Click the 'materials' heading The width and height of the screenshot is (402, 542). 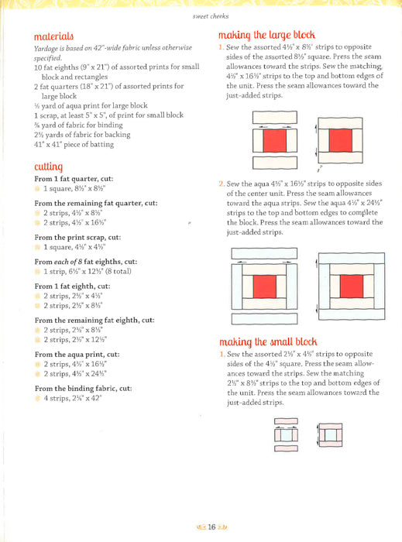tap(53, 36)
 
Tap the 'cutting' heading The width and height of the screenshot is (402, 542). tap(48, 166)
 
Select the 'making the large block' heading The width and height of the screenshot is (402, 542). tap(266, 36)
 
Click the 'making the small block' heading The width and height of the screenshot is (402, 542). tap(268, 342)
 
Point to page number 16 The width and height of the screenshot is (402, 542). tap(211, 527)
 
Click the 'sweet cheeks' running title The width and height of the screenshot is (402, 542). tap(211, 16)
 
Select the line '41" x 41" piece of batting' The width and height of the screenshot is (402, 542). tap(74, 145)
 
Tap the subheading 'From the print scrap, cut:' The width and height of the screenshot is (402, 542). tap(77, 238)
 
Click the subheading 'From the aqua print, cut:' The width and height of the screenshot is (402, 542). tap(77, 355)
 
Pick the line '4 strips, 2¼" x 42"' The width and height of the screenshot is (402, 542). tap(72, 398)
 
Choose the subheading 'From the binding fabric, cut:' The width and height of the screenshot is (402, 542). tap(84, 389)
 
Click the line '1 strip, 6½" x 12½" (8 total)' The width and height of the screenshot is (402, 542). tap(88, 271)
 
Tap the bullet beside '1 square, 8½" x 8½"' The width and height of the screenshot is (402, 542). tap(37, 189)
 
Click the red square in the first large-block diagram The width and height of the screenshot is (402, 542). tap(275, 140)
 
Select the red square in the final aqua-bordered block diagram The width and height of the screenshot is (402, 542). tap(352, 286)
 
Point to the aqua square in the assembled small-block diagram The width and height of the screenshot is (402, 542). tap(331, 435)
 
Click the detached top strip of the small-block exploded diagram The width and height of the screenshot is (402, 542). tap(287, 421)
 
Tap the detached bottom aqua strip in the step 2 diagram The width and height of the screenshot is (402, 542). tap(264, 319)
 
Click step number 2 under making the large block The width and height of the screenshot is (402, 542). tap(222, 184)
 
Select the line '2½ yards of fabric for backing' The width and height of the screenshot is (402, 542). tap(82, 135)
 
